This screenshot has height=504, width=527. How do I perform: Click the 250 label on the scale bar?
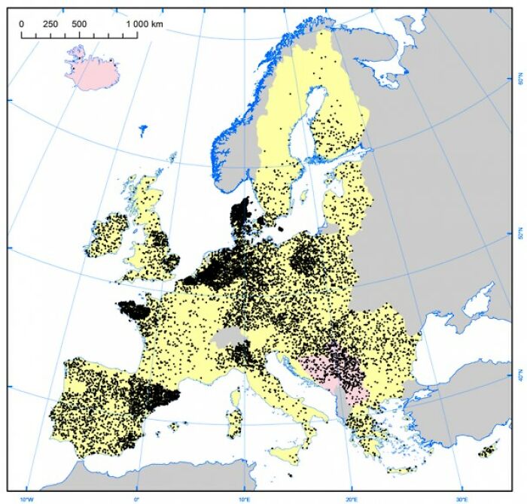coord(50,24)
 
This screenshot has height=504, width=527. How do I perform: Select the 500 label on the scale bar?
coord(79,24)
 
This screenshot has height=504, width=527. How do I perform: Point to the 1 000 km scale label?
coord(144,24)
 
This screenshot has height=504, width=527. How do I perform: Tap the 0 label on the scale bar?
coord(21,24)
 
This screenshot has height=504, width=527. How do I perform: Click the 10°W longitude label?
coord(26,497)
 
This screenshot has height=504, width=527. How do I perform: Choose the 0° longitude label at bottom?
coord(136,497)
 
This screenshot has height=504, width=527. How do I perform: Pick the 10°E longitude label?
coord(244,497)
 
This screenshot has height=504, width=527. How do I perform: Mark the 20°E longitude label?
coord(352,497)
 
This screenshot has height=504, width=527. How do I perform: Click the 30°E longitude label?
coord(461,497)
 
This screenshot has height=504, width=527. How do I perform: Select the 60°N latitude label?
coord(518,79)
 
